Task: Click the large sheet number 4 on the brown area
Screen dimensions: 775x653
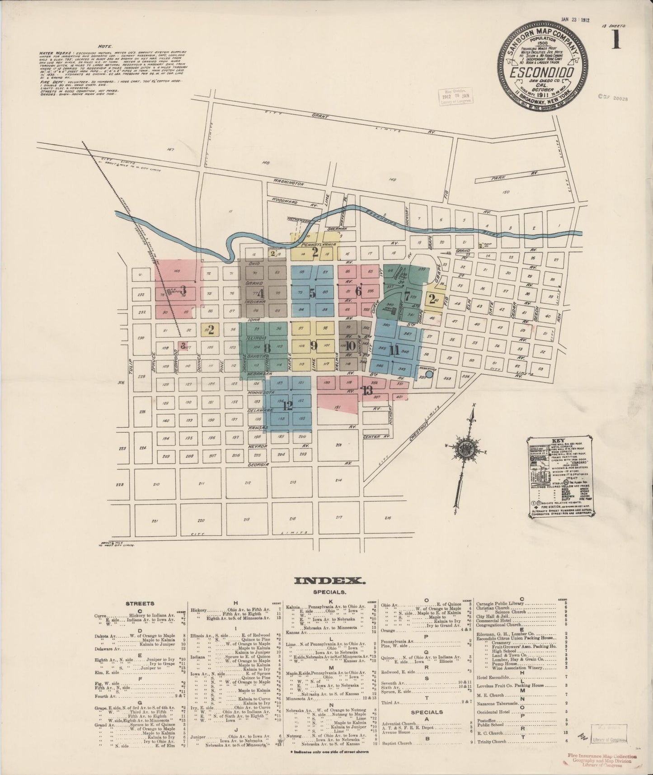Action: pos(260,292)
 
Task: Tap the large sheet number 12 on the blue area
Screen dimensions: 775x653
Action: pos(287,405)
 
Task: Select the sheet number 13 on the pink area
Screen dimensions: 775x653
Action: pos(367,391)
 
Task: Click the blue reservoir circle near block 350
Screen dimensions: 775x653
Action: pos(429,374)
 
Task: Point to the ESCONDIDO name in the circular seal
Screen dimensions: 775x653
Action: pos(542,72)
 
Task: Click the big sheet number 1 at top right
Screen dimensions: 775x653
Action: pos(616,41)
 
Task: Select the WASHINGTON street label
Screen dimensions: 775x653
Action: pos(288,183)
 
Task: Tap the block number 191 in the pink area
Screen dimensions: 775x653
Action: pos(337,407)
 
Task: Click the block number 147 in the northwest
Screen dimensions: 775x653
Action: pos(170,149)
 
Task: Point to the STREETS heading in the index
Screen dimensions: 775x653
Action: pos(140,603)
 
